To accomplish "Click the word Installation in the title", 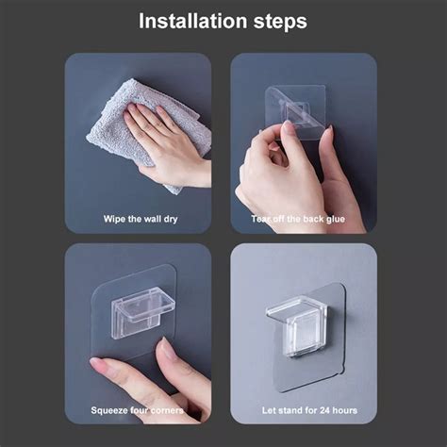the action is (x=193, y=21).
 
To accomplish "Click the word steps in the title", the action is (x=280, y=22).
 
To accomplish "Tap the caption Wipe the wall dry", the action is (x=141, y=219).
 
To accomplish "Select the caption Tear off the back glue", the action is (x=298, y=219).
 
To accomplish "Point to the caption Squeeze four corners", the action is (x=137, y=410).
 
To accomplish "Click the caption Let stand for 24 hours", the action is (x=309, y=410).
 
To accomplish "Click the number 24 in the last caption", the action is (x=325, y=410).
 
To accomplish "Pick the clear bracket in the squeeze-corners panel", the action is (x=143, y=314).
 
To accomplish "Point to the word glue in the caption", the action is (x=335, y=219).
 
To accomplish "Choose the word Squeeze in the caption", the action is (x=108, y=411).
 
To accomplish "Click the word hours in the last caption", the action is (x=345, y=410).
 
